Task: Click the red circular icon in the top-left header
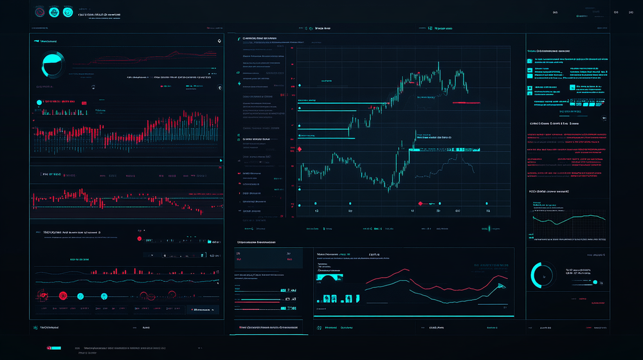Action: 40,12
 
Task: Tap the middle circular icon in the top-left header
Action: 54,12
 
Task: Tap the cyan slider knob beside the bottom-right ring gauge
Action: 595,282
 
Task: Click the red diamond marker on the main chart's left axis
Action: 299,148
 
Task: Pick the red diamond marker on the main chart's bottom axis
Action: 420,203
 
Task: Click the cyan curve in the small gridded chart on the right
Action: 566,219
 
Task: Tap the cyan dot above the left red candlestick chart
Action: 39,102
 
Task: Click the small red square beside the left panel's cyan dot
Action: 83,102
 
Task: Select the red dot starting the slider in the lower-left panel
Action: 140,239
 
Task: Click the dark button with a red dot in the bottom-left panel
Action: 203,309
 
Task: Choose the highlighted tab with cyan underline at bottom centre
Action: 269,328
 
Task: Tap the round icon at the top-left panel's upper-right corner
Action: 219,41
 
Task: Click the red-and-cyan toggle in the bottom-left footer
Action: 54,348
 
